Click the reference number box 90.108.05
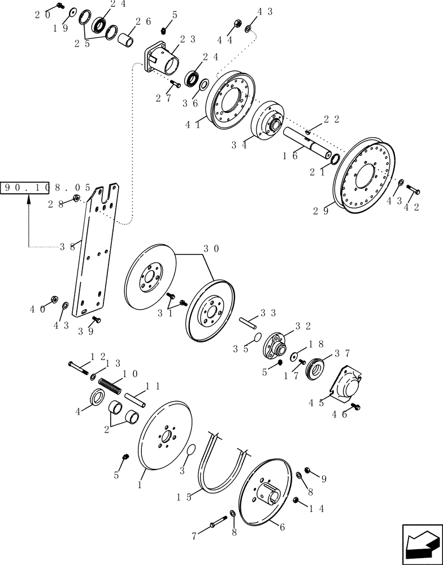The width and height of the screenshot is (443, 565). coord(46,188)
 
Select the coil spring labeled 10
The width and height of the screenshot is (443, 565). coord(111,387)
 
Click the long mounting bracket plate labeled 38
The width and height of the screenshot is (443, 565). coord(99,249)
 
